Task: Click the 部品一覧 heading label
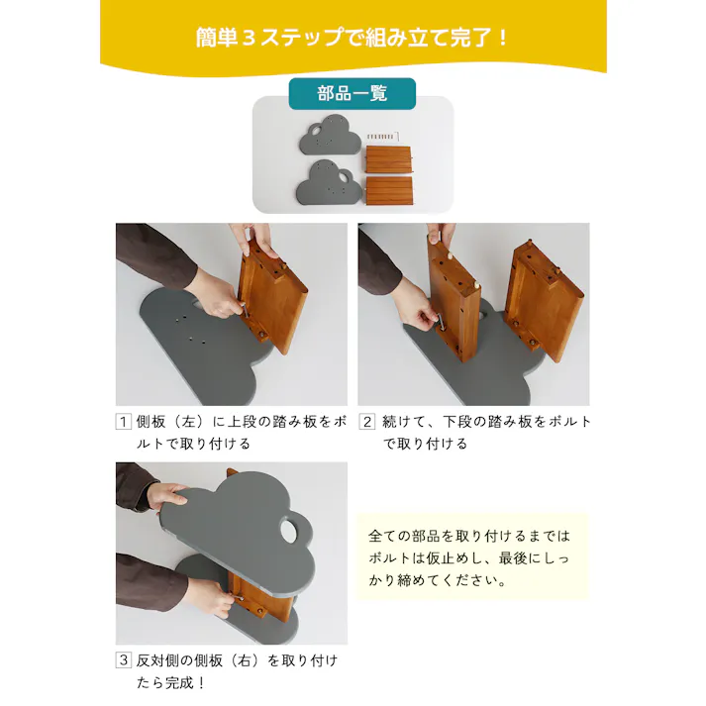coord(352,94)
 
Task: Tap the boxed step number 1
coord(124,422)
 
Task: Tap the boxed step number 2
coord(366,422)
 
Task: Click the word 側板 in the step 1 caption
coord(150,422)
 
